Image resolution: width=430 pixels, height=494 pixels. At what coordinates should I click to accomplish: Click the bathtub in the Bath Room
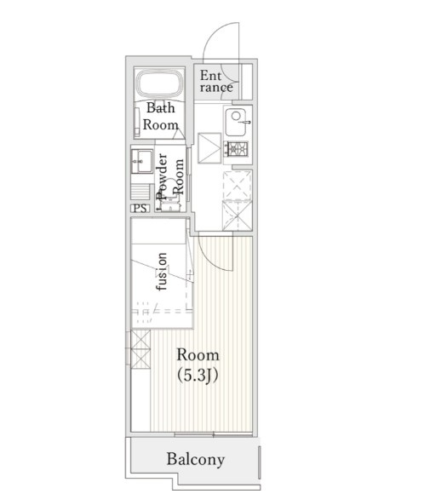(x=159, y=83)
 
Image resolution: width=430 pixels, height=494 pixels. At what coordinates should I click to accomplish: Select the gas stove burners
(x=236, y=149)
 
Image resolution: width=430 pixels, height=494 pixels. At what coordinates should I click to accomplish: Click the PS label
(x=140, y=209)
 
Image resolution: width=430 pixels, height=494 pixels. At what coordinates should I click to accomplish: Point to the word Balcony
(x=196, y=459)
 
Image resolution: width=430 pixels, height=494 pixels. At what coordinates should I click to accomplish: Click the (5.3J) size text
(x=198, y=376)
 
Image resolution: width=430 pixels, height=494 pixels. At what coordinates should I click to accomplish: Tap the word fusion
(x=162, y=272)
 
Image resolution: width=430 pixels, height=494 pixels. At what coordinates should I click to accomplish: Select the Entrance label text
(x=216, y=82)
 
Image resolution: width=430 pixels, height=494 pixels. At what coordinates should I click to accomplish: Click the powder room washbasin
(x=141, y=161)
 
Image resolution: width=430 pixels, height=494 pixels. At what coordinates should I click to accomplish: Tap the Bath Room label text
(x=161, y=116)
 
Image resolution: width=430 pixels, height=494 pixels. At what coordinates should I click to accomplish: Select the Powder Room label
(x=170, y=177)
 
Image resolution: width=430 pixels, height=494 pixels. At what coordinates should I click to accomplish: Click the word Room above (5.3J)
(x=198, y=355)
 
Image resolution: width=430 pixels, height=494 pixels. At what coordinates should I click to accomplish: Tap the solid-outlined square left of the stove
(x=209, y=148)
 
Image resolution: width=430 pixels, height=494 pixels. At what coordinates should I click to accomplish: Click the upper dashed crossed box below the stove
(x=238, y=186)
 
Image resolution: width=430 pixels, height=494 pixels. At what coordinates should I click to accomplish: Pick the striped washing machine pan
(x=140, y=192)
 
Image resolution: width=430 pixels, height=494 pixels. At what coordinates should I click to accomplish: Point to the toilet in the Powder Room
(x=169, y=195)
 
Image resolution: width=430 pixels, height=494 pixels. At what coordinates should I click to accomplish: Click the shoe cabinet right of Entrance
(x=247, y=82)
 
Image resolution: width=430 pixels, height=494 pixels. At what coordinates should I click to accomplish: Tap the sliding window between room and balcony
(x=213, y=435)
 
